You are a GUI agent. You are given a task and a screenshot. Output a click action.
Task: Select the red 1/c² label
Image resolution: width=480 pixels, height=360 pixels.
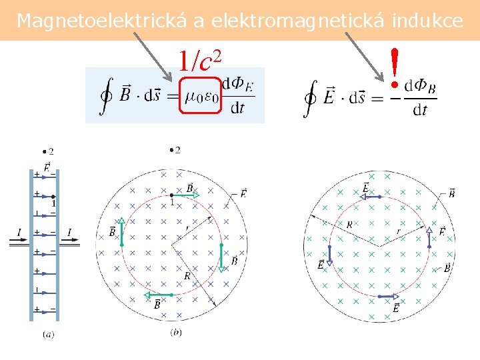[x=199, y=61]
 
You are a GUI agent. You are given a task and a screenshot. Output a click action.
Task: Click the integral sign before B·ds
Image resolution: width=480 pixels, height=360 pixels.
[x=104, y=96]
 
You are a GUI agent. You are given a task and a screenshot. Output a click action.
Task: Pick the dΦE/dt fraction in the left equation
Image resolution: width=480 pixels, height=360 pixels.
[x=237, y=96]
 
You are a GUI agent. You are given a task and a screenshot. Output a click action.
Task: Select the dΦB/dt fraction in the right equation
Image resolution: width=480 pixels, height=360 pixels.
[x=420, y=97]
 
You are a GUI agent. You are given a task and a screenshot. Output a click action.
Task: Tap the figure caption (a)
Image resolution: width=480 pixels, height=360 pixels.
[x=48, y=334]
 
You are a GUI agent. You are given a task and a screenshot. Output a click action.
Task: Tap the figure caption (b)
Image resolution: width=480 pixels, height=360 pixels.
[x=176, y=331]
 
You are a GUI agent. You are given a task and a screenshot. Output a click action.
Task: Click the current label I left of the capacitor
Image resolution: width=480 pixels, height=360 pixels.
[x=19, y=233]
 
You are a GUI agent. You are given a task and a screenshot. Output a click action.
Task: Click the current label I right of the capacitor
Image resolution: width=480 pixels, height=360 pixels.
[x=69, y=233]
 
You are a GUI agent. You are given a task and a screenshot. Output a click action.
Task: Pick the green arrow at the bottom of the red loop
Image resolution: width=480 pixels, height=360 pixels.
[x=159, y=295]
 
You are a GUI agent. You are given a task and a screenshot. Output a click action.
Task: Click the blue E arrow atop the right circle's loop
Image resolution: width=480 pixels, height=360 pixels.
[x=370, y=197]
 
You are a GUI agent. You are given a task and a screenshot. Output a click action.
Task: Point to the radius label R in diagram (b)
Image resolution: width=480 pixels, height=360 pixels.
[x=187, y=275]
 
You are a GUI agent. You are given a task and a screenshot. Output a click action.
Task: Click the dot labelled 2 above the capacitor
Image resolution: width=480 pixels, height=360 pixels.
[x=44, y=151]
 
